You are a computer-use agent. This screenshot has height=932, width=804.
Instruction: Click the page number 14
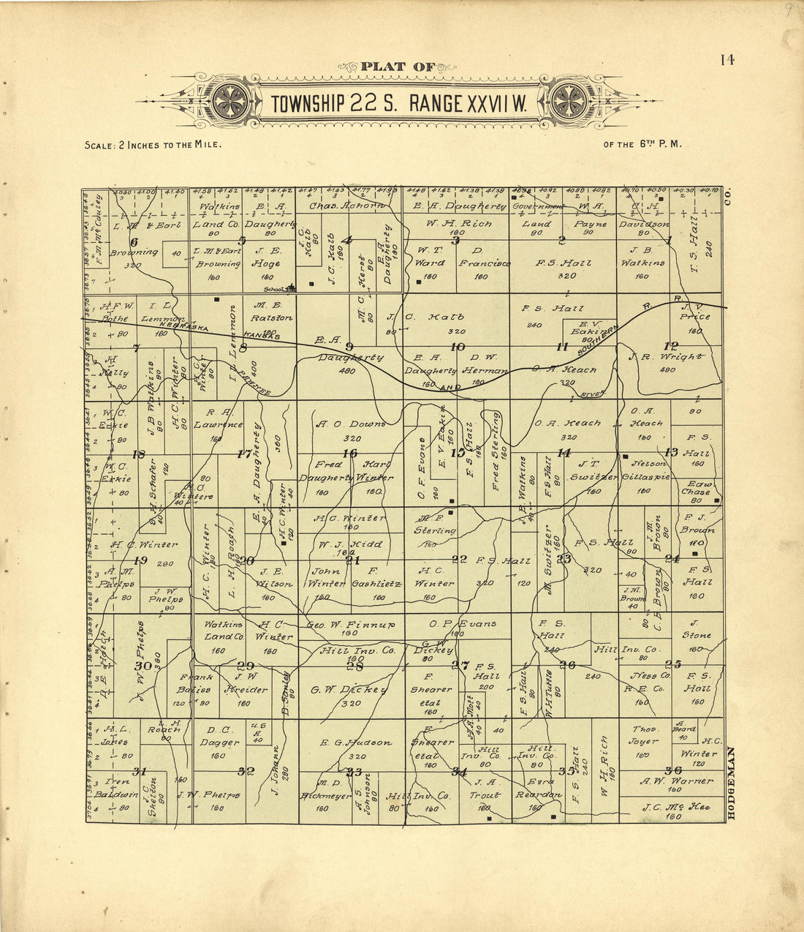tap(727, 60)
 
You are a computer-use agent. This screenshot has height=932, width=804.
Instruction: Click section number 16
tap(350, 454)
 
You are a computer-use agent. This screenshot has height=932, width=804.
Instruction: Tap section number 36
tap(673, 770)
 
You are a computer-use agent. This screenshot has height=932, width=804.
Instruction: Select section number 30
tap(143, 666)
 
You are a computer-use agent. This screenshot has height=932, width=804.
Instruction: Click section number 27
tap(460, 665)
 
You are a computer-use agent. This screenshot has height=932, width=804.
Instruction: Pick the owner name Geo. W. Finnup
tap(351, 625)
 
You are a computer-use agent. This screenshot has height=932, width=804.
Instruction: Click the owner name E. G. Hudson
tap(356, 743)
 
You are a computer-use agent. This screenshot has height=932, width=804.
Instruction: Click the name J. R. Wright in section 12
tap(667, 357)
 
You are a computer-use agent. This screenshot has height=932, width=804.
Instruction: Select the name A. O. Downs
tap(350, 424)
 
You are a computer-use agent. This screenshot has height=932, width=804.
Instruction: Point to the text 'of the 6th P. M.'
tap(642, 144)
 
